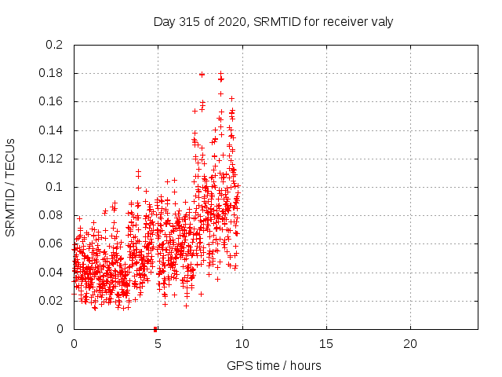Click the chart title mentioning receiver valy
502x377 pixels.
pos(273,21)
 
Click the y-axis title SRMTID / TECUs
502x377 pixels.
pos(10,186)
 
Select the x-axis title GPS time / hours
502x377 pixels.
pos(274,365)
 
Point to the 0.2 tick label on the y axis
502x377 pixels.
pos(53,45)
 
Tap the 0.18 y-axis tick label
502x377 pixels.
pos(50,74)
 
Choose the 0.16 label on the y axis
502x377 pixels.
pos(50,102)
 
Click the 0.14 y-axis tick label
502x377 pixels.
pos(50,130)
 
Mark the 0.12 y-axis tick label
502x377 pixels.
pos(50,159)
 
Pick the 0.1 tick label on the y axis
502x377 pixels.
pos(53,187)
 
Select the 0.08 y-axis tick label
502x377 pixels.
pos(50,215)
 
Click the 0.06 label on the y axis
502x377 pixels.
pos(50,243)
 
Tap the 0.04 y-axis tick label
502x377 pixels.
pos(50,273)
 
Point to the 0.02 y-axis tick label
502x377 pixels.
pos(50,301)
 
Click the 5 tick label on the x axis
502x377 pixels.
pos(158,344)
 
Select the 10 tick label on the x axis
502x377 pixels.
pos(242,344)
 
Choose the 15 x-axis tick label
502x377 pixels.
pos(326,344)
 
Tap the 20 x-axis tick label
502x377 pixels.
pos(409,344)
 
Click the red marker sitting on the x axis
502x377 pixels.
pos(155,328)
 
